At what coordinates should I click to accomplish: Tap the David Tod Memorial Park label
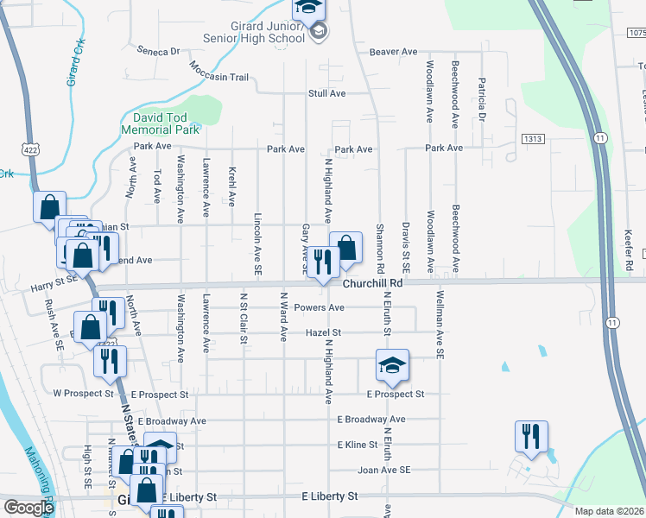point(167,123)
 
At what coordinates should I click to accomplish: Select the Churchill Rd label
point(372,283)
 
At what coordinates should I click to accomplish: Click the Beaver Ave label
point(394,52)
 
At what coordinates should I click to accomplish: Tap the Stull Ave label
point(327,93)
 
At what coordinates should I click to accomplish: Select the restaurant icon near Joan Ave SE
point(529,437)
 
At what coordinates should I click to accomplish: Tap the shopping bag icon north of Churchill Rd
point(345,249)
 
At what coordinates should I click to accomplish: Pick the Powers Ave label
point(319,308)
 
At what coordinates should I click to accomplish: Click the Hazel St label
point(324,332)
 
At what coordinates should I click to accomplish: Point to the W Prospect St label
point(84,394)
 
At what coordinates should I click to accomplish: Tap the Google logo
point(28,508)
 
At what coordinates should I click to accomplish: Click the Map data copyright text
point(610,511)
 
